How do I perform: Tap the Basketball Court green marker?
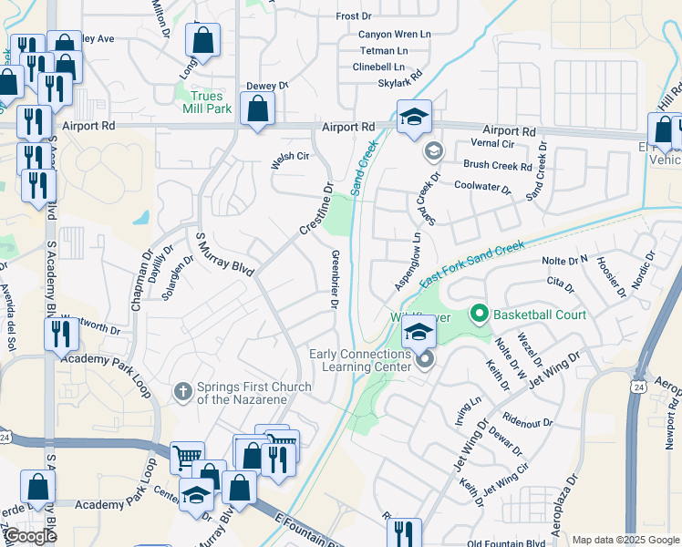479,315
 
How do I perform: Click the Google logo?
31,536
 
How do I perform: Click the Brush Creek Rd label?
497,166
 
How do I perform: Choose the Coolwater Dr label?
482,185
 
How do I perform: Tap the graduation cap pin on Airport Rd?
413,118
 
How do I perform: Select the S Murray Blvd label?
225,253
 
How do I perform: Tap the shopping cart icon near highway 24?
187,456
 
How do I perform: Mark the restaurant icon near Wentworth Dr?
61,333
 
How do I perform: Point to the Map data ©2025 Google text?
625,540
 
